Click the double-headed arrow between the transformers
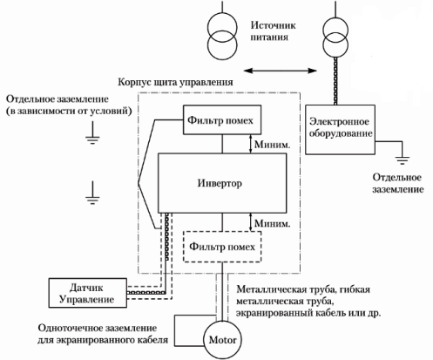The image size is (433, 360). point(281,71)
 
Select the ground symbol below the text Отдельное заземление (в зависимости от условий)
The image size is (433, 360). point(92,133)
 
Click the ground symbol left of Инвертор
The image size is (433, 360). point(92,193)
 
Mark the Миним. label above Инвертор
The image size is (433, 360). point(272,144)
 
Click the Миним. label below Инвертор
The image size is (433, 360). point(272,223)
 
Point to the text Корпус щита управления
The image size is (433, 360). point(175,82)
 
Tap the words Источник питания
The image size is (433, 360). point(273,31)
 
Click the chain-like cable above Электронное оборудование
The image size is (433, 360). point(335,81)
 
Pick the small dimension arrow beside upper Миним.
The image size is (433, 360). point(251,144)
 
